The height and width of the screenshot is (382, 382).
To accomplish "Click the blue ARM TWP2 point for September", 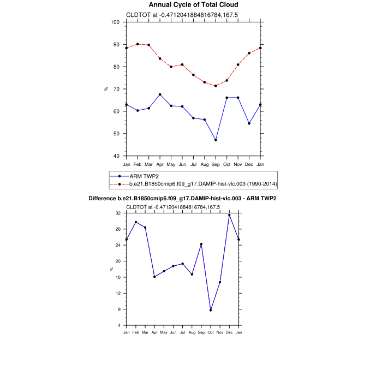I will pyautogui.click(x=216, y=140).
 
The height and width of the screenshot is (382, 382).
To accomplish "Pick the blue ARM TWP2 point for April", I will pyautogui.click(x=160, y=94).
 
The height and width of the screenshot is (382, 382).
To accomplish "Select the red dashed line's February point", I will pyautogui.click(x=138, y=44).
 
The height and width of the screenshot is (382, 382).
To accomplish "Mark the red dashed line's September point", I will pyautogui.click(x=216, y=86).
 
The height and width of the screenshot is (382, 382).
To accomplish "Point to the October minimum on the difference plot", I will pyautogui.click(x=211, y=310).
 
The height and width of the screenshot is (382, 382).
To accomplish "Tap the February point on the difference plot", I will pyautogui.click(x=136, y=222).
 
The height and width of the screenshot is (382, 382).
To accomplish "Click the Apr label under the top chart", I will pyautogui.click(x=160, y=164).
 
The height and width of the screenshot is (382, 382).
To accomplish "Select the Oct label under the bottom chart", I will pyautogui.click(x=211, y=332).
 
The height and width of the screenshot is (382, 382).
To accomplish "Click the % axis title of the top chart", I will pyautogui.click(x=106, y=89).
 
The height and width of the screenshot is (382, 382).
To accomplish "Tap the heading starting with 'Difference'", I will pyautogui.click(x=182, y=198).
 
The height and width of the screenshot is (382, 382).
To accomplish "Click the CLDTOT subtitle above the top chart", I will pyautogui.click(x=182, y=15).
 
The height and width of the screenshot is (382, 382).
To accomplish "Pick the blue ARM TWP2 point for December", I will pyautogui.click(x=249, y=123).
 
